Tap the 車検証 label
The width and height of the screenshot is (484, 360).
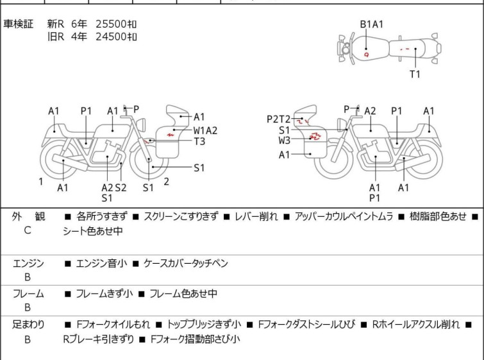point(18,24)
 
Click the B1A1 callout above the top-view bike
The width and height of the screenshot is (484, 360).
point(372,24)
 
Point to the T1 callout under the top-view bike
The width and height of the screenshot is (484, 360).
point(415,74)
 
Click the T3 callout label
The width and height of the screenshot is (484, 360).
point(199,141)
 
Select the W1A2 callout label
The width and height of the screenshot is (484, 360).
point(205,130)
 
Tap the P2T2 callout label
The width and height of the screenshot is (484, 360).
point(278,119)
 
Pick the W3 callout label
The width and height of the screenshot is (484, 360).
point(284,141)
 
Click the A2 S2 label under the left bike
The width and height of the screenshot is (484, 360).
point(114,187)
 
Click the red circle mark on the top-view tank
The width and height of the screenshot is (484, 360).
point(367,55)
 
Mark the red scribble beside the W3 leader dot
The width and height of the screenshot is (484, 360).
point(316,136)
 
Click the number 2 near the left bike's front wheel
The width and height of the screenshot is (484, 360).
point(167,182)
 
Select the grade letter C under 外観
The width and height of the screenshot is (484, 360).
point(28,230)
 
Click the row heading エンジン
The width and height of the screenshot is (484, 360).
point(28,263)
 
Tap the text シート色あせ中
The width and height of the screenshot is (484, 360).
point(92,231)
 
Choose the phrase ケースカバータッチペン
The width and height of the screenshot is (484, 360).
point(185,263)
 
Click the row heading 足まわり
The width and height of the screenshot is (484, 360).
point(28,325)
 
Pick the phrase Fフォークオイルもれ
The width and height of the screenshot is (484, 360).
point(113,325)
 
